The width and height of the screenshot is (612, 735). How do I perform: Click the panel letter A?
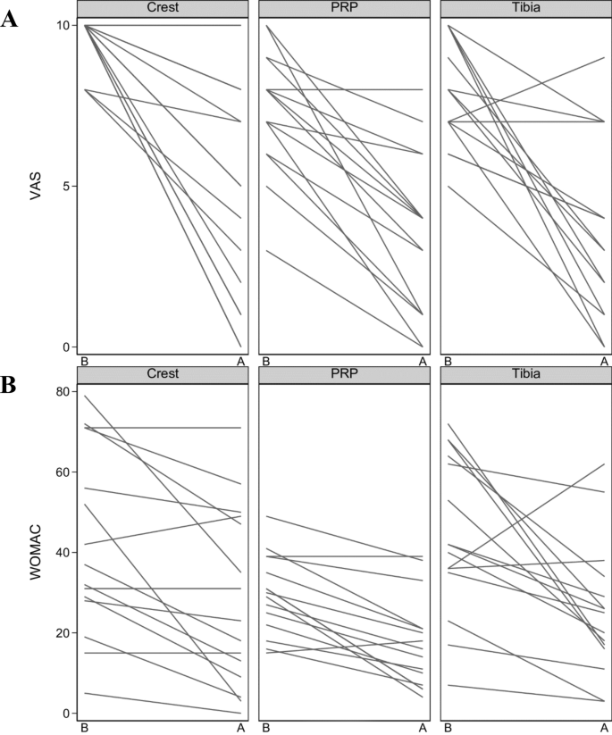point(11,19)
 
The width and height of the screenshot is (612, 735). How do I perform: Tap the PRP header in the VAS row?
point(344,8)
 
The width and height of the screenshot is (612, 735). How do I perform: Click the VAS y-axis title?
point(33,186)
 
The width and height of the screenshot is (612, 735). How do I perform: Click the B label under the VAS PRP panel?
point(266,362)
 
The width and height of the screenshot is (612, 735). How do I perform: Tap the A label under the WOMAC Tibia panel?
point(605,728)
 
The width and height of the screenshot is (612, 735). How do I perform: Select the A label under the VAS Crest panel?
point(240,362)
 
